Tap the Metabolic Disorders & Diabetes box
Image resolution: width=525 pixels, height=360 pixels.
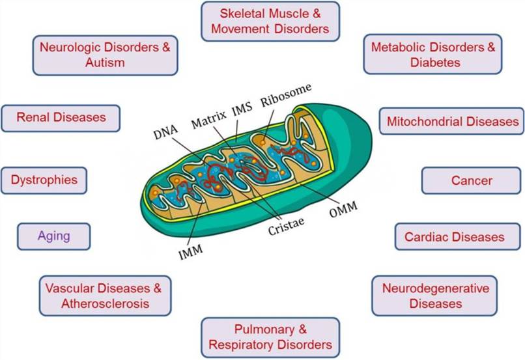433,55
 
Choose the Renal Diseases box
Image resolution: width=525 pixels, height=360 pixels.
61,118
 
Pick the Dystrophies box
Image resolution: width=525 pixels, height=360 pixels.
44,180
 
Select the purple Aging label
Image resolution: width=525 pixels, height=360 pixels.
53,236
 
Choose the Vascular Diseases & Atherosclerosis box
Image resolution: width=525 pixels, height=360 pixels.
104,296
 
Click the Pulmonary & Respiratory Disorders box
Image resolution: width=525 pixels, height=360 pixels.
270,337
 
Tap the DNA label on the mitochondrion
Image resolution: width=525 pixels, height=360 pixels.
165,134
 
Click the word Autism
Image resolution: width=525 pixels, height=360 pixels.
104,63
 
